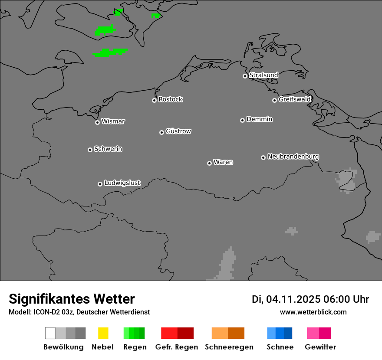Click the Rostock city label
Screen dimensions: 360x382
coord(171,99)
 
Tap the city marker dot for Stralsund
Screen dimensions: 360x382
coord(245,76)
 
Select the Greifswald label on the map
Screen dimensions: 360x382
coord(294,99)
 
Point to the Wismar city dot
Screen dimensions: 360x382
coord(97,122)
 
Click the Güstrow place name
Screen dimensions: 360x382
coord(178,131)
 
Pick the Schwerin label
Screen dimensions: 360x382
coord(108,149)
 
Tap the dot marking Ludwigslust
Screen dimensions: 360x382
coord(100,184)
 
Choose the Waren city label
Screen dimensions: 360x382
coord(223,162)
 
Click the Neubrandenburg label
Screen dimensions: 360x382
coord(293,157)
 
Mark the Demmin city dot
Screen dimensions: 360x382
coord(242,120)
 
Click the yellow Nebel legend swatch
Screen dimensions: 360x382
coord(103,333)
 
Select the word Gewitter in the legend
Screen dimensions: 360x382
coord(320,347)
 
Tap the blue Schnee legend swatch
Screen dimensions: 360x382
coord(280,333)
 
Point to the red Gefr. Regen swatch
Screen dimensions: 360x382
coord(177,333)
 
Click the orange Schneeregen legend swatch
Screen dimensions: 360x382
coord(228,333)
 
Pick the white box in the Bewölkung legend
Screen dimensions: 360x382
coord(50,333)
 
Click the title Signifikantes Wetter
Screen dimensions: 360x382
coord(72,299)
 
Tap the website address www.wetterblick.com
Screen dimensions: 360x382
coord(313,312)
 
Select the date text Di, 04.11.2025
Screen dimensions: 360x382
coord(286,299)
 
